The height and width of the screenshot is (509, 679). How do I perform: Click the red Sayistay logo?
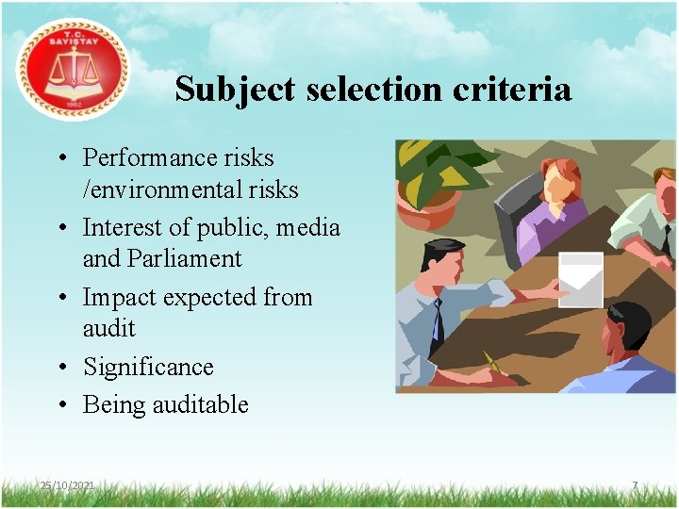point(73,69)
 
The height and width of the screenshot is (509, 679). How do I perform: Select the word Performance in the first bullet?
point(146,157)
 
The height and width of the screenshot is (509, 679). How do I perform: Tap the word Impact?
point(119,297)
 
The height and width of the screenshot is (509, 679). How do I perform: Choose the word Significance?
point(148,367)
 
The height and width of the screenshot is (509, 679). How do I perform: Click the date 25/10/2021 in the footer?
point(67,484)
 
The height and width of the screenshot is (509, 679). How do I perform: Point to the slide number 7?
point(635,485)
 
